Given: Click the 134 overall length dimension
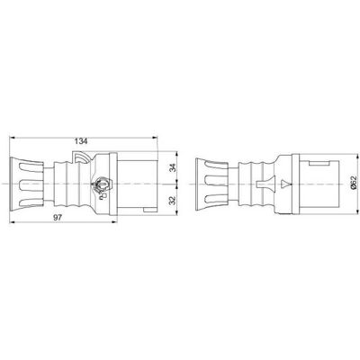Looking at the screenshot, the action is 81,141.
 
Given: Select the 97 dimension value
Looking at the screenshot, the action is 58,218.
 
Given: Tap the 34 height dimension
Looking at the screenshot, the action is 172,168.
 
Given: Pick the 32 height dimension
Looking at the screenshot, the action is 172,201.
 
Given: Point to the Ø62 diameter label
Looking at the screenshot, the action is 354,183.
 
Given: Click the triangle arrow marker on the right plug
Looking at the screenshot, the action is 285,184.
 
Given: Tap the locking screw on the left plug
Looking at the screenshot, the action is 102,184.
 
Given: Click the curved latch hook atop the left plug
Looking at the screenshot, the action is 81,157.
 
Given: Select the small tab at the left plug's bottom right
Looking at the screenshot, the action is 150,210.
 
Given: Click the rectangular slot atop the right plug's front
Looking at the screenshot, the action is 319,163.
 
